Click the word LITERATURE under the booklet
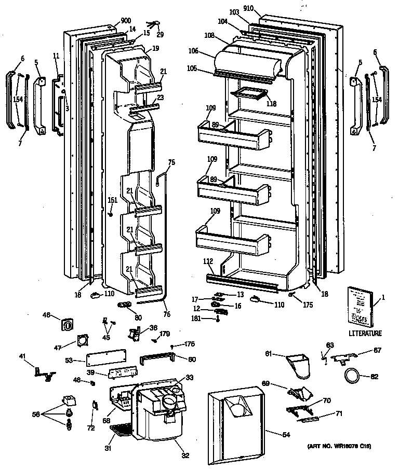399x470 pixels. [x=365, y=334]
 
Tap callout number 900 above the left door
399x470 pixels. [x=125, y=21]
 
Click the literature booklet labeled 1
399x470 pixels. [x=360, y=306]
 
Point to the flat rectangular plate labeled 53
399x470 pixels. [x=107, y=359]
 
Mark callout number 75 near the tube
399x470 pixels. [x=171, y=162]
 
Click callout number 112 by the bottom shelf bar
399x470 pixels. [x=208, y=261]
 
